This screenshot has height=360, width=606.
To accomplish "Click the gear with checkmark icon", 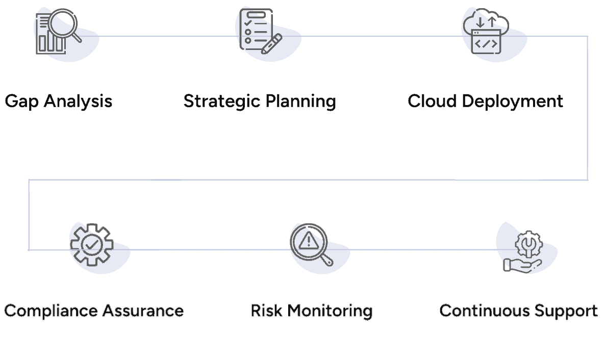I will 91,245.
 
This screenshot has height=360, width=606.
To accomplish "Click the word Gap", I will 22,101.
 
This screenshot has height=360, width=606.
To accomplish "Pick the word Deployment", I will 513,101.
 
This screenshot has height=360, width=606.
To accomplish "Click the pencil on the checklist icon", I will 271,44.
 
